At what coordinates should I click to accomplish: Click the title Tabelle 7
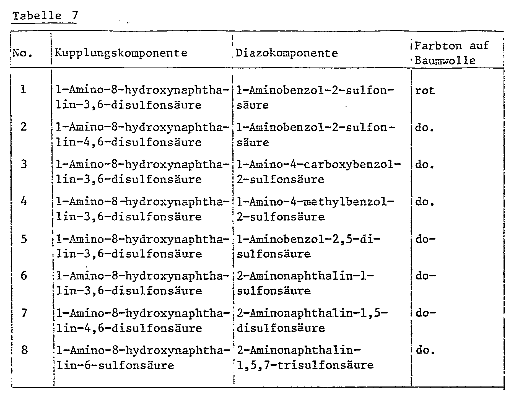[x=45, y=16]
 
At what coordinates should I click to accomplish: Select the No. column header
[x=23, y=53]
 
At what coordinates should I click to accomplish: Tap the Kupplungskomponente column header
[x=121, y=53]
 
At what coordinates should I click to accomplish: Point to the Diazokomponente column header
[x=287, y=53]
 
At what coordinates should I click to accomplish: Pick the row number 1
[x=24, y=89]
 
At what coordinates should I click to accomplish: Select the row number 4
[x=24, y=201]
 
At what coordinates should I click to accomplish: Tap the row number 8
[x=24, y=350]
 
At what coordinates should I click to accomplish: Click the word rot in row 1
[x=425, y=90]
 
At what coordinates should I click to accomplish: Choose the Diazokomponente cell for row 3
[x=318, y=172]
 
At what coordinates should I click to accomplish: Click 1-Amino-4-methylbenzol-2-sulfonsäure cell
[x=315, y=209]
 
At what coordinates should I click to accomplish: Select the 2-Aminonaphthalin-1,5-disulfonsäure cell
[x=312, y=321]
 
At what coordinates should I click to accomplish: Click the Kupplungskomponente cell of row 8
[x=142, y=358]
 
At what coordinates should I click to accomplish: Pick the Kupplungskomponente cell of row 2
[x=142, y=135]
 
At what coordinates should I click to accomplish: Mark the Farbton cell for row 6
[x=425, y=276]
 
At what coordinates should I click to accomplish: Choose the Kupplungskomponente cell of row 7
[x=142, y=321]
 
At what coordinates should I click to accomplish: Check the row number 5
[x=24, y=239]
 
